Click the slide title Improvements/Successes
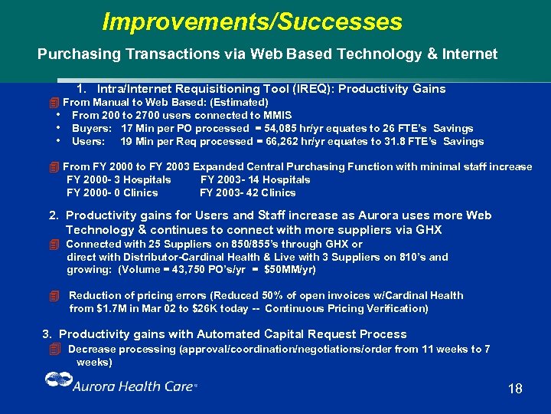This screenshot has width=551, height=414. tap(252, 21)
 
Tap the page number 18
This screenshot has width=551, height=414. tap(515, 389)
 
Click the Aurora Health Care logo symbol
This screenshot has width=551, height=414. tap(57, 381)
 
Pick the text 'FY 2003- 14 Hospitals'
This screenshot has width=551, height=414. tap(255, 179)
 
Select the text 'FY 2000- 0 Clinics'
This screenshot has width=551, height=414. tap(112, 192)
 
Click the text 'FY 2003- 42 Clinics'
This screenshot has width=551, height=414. tap(247, 192)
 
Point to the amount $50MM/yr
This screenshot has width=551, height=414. tap(289, 270)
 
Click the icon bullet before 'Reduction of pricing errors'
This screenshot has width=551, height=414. tap(54, 296)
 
